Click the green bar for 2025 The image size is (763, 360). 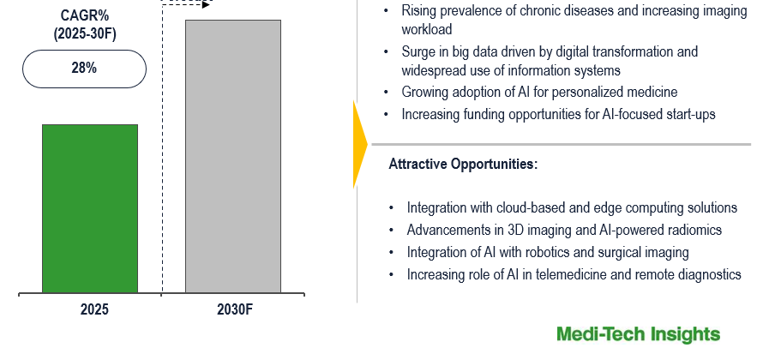(90, 208)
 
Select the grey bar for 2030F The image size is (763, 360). (233, 157)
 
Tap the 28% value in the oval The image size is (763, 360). (84, 68)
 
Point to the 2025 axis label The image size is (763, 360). (94, 309)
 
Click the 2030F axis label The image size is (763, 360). (236, 309)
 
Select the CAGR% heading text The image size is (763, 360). (84, 15)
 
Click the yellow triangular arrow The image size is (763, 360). (360, 145)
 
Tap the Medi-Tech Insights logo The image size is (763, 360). (638, 334)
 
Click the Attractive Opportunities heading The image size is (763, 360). (463, 165)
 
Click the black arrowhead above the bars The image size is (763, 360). (207, 4)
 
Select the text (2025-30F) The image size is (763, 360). (84, 34)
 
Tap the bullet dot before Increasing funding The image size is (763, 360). (387, 115)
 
